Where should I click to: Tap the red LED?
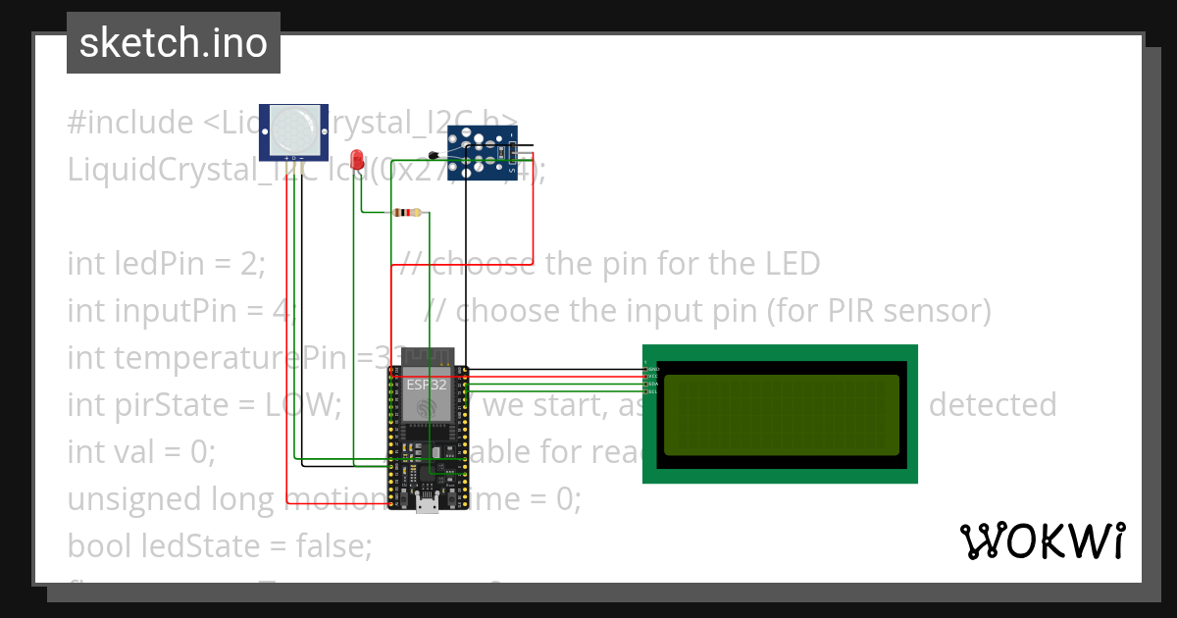(x=358, y=159)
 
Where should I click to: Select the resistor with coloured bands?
(x=406, y=213)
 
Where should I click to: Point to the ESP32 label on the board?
(x=427, y=385)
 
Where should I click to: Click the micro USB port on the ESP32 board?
(x=427, y=504)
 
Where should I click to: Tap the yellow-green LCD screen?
(x=781, y=415)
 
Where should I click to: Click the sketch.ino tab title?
(x=174, y=43)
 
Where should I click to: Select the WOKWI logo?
(x=1041, y=541)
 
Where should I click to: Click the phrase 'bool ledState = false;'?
(x=220, y=546)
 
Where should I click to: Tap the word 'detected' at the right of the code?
(x=992, y=405)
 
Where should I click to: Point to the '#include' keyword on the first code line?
(x=130, y=123)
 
